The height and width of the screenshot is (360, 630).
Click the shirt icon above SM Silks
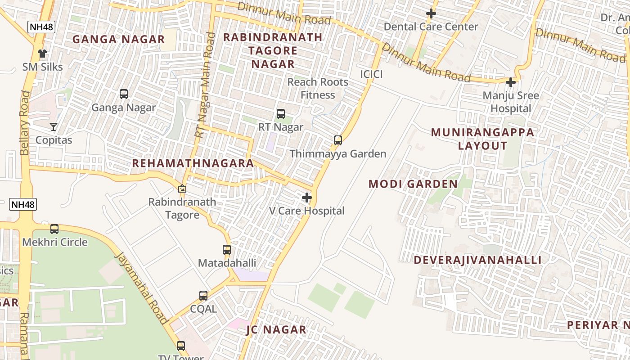point(42,54)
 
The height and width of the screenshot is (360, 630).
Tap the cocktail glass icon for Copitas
point(54,127)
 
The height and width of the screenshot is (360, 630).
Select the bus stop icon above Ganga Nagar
point(124,94)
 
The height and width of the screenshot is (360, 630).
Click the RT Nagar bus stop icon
point(281,114)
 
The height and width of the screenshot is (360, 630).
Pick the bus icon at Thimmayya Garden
point(338,140)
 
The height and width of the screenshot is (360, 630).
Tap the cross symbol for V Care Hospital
point(307,198)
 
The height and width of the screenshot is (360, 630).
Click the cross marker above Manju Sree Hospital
point(511,82)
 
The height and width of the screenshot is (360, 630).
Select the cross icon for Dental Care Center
point(431,13)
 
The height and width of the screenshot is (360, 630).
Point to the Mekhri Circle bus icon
point(54,229)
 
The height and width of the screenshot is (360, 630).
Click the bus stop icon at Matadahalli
point(227,250)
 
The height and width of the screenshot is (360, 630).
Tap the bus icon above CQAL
point(203,296)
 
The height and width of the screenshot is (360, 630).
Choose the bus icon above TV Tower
point(181,346)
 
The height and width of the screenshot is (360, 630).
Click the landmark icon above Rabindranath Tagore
point(182,189)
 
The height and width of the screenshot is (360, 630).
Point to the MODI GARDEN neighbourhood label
point(413,184)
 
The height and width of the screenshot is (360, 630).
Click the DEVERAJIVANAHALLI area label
point(477,260)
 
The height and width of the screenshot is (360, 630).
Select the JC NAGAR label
point(276,330)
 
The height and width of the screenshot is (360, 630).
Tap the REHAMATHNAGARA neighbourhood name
point(193,163)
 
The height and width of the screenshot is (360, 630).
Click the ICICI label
point(371,74)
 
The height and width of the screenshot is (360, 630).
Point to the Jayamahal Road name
point(141,288)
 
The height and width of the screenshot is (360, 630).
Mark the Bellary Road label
point(25,122)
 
